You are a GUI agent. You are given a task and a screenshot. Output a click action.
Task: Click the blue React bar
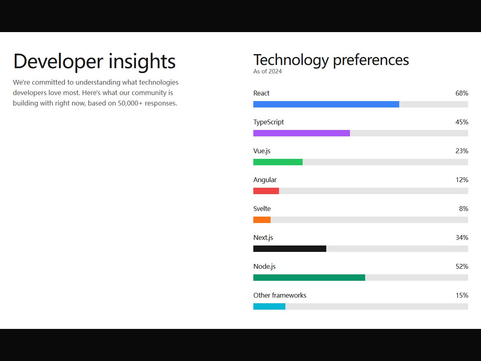click(326, 104)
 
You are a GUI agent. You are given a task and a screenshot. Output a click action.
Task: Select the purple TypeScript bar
click(301, 133)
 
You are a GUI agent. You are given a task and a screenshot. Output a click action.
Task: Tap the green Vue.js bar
click(278, 162)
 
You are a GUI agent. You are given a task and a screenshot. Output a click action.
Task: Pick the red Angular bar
click(266, 191)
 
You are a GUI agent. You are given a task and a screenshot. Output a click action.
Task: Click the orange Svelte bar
click(262, 220)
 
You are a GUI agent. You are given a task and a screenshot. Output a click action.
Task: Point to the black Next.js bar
click(290, 249)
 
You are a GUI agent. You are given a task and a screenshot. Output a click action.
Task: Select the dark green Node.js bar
click(309, 278)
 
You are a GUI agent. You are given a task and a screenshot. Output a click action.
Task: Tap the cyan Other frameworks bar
click(269, 306)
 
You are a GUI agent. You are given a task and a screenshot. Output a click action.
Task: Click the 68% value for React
click(462, 93)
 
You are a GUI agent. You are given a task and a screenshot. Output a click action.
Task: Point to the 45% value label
click(462, 122)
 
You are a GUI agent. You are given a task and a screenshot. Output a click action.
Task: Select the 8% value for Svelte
click(464, 209)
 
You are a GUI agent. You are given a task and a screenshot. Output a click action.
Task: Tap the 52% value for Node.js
click(462, 266)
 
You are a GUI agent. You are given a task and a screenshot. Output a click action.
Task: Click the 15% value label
click(462, 296)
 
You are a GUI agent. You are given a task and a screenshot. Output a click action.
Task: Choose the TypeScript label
click(269, 122)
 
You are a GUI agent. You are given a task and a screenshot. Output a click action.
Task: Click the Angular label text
click(265, 180)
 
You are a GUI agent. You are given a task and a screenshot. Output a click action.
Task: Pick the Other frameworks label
click(280, 296)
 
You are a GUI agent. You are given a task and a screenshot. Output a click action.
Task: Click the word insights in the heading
click(142, 62)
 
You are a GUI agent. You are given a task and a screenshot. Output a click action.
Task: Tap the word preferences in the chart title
click(371, 61)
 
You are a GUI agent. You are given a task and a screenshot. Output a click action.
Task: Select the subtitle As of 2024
click(267, 71)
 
